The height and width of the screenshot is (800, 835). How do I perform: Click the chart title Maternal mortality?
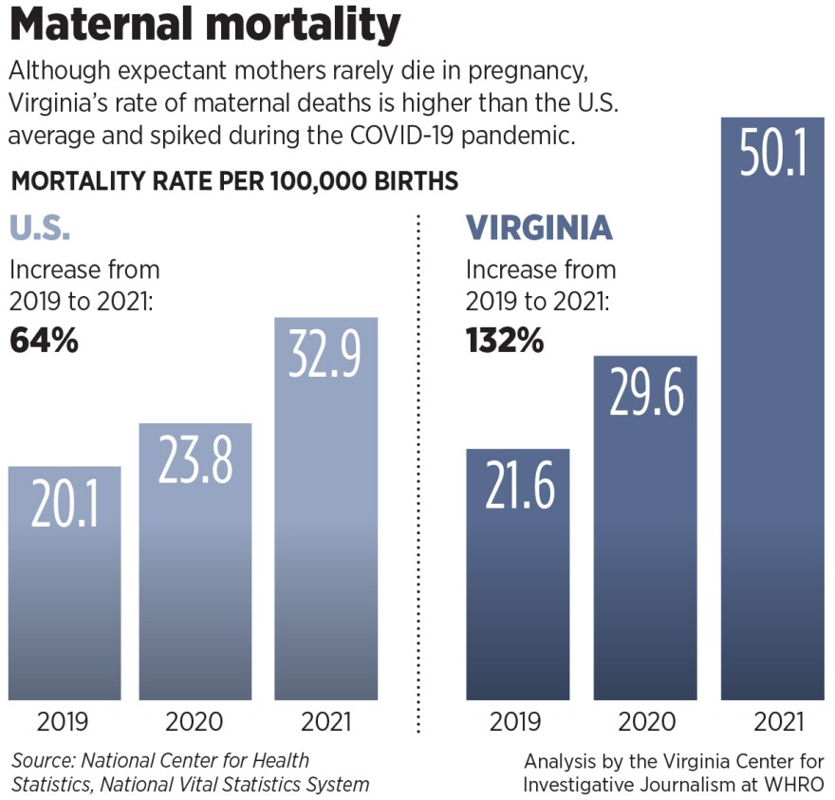[205, 26]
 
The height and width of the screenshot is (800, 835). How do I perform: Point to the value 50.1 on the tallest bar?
[772, 148]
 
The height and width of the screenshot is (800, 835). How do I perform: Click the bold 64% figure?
[44, 340]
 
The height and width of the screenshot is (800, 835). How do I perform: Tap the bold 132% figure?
[505, 340]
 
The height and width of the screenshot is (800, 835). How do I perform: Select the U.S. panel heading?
[40, 229]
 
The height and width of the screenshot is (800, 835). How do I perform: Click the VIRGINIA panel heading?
[538, 229]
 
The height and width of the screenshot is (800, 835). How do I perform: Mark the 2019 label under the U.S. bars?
[63, 722]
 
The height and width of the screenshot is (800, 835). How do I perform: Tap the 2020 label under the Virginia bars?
[645, 722]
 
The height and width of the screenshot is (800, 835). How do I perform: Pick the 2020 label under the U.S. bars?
[194, 722]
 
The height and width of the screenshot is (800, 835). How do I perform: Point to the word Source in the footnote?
[43, 761]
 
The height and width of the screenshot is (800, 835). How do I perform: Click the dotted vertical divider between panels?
[418, 474]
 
